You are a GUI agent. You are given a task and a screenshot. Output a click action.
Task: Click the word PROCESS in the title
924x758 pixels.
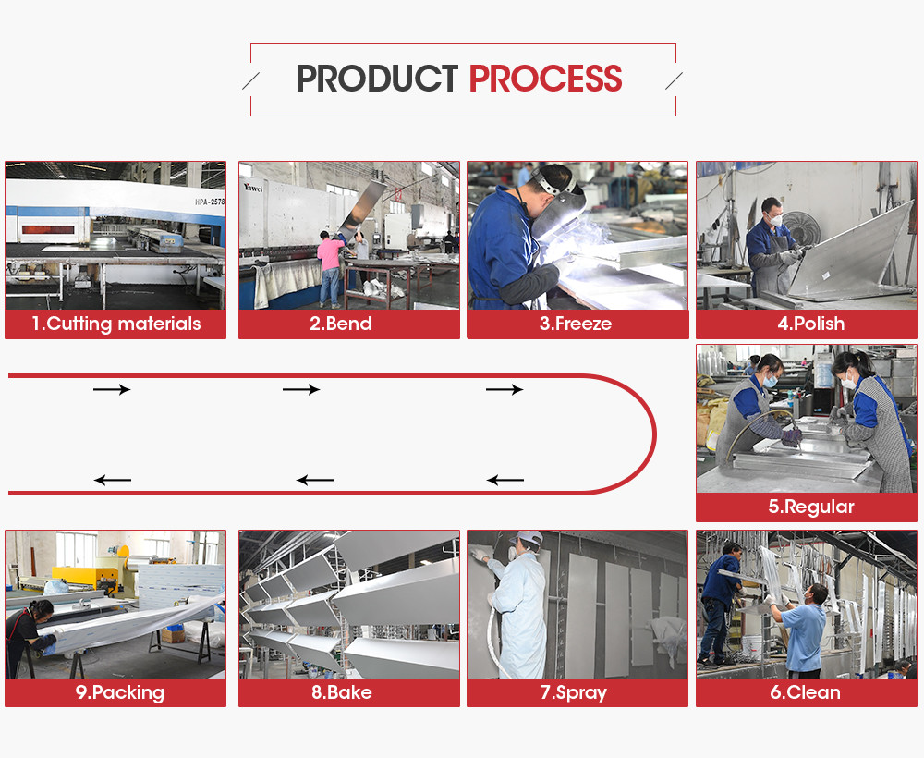tap(546, 79)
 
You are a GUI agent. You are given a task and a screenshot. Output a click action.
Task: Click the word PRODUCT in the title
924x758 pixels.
tap(377, 79)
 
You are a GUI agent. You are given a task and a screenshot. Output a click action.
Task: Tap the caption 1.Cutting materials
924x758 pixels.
tap(116, 324)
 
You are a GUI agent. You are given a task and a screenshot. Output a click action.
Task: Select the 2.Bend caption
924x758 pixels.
tap(341, 324)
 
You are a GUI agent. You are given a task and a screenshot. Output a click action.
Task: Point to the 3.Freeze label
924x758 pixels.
tap(576, 324)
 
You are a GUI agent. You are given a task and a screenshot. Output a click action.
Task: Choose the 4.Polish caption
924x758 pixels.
tap(811, 324)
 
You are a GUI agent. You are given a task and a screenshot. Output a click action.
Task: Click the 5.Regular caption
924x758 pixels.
tap(811, 507)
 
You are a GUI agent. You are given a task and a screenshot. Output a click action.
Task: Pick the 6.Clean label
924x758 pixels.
tap(805, 692)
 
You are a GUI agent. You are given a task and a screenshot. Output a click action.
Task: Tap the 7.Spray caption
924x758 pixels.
tap(574, 692)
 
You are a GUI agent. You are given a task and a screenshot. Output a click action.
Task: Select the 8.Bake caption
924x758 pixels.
tap(342, 692)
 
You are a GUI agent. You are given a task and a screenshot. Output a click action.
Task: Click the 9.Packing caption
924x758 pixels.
tap(119, 692)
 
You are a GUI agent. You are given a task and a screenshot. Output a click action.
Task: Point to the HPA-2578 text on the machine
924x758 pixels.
tap(210, 202)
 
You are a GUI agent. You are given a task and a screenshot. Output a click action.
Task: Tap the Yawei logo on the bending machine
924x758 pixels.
tap(253, 188)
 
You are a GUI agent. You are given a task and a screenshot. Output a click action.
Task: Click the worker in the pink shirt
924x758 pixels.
tap(330, 269)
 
